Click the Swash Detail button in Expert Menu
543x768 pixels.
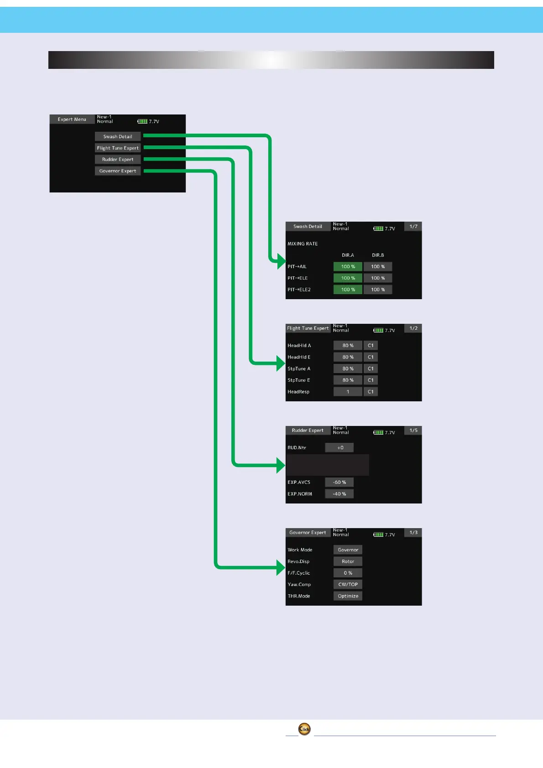pyautogui.click(x=118, y=136)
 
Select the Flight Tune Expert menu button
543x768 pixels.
pyautogui.click(x=118, y=148)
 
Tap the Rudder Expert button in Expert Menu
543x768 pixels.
pyautogui.click(x=118, y=160)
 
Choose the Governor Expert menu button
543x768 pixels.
pyautogui.click(x=118, y=171)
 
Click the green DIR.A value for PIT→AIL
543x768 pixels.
pyautogui.click(x=348, y=267)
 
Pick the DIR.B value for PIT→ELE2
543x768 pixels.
pyautogui.click(x=378, y=290)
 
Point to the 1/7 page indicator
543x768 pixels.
pyautogui.click(x=413, y=227)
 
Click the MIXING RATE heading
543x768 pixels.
pyautogui.click(x=303, y=244)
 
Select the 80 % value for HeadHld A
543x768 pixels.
pyautogui.click(x=348, y=346)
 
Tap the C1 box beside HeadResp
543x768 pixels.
pyautogui.click(x=371, y=392)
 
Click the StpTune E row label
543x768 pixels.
pyautogui.click(x=299, y=380)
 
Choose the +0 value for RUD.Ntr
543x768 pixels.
pyautogui.click(x=339, y=448)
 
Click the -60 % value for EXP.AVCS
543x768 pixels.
pyautogui.click(x=339, y=483)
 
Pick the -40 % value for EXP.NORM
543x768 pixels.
pyautogui.click(x=339, y=494)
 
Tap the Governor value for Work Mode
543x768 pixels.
pyautogui.click(x=348, y=550)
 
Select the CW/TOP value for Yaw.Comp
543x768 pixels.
pyautogui.click(x=348, y=585)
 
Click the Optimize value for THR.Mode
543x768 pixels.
pyautogui.click(x=348, y=596)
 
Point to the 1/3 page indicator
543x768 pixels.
pyautogui.click(x=413, y=533)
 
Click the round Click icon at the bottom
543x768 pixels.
pyautogui.click(x=304, y=729)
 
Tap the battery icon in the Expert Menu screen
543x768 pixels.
pyautogui.click(x=142, y=121)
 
